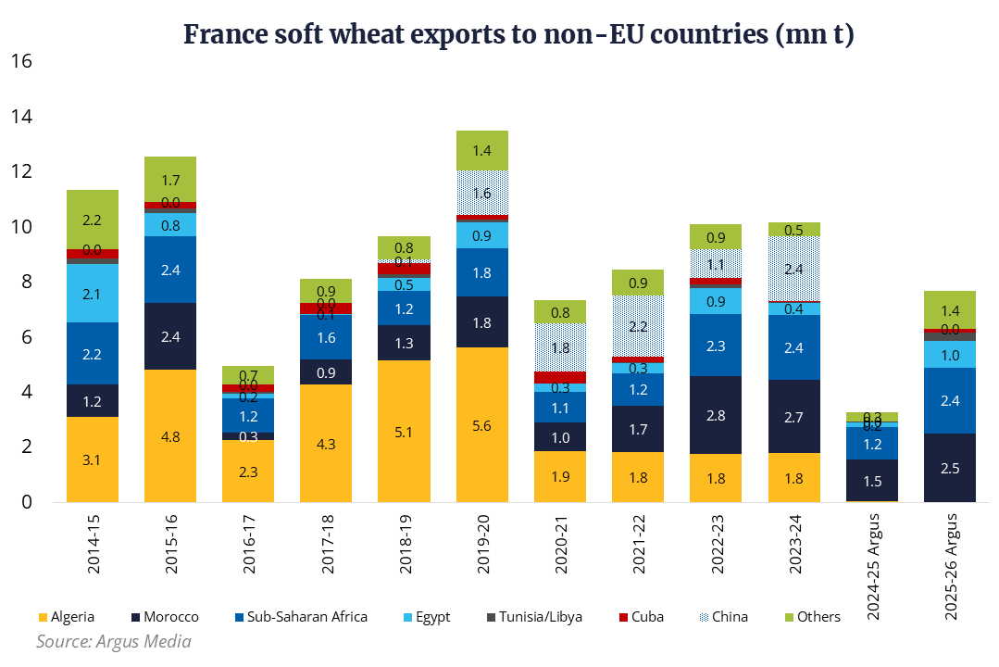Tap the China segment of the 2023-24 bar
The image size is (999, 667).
tap(793, 269)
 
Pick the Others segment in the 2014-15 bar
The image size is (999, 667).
tap(92, 220)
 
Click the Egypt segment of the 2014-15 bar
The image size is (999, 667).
tap(92, 294)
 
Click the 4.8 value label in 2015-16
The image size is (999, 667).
tap(170, 435)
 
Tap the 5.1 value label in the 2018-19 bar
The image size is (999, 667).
tap(404, 431)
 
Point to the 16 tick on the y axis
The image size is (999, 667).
tap(21, 62)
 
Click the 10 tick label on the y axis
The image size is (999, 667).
tap(21, 227)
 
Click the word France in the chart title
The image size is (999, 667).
tap(221, 36)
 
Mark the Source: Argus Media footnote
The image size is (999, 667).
tap(114, 641)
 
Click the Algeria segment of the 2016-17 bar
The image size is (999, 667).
tap(248, 471)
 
